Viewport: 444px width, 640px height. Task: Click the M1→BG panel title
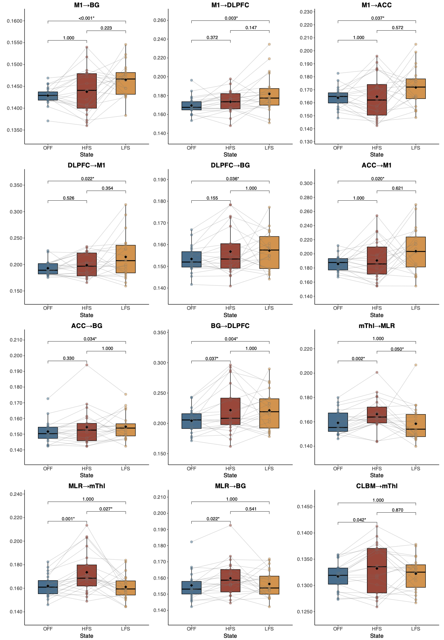coord(87,5)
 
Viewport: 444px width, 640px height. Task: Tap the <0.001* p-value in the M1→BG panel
coord(87,18)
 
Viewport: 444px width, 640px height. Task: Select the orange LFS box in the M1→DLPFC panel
coord(269,97)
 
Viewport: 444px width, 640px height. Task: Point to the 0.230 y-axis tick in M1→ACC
coord(306,12)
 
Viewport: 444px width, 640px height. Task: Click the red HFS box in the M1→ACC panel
coord(377,100)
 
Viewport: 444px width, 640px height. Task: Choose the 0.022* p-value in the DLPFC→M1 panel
coord(88,179)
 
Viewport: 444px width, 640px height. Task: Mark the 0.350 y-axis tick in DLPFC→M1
coord(16,185)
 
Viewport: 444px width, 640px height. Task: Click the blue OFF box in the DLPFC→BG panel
coord(191,259)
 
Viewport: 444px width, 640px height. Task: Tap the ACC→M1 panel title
coord(376,165)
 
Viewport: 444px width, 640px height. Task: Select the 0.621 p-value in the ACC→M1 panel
coord(397,188)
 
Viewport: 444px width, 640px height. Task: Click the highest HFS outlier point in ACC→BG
coord(87,365)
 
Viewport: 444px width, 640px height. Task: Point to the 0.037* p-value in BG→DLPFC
coord(212,359)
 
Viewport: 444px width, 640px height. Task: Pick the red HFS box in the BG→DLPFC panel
coord(230,411)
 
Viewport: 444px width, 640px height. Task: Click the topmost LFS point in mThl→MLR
coord(416,365)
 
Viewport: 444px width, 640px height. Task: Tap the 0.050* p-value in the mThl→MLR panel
coord(397,349)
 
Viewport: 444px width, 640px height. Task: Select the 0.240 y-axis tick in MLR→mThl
coord(16,494)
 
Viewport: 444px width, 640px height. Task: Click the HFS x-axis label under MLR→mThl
coord(87,629)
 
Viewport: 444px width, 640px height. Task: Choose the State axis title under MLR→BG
coord(230,636)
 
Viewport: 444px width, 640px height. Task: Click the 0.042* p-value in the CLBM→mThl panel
coord(359,520)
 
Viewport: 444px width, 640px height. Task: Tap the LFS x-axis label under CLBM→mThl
coord(416,629)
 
